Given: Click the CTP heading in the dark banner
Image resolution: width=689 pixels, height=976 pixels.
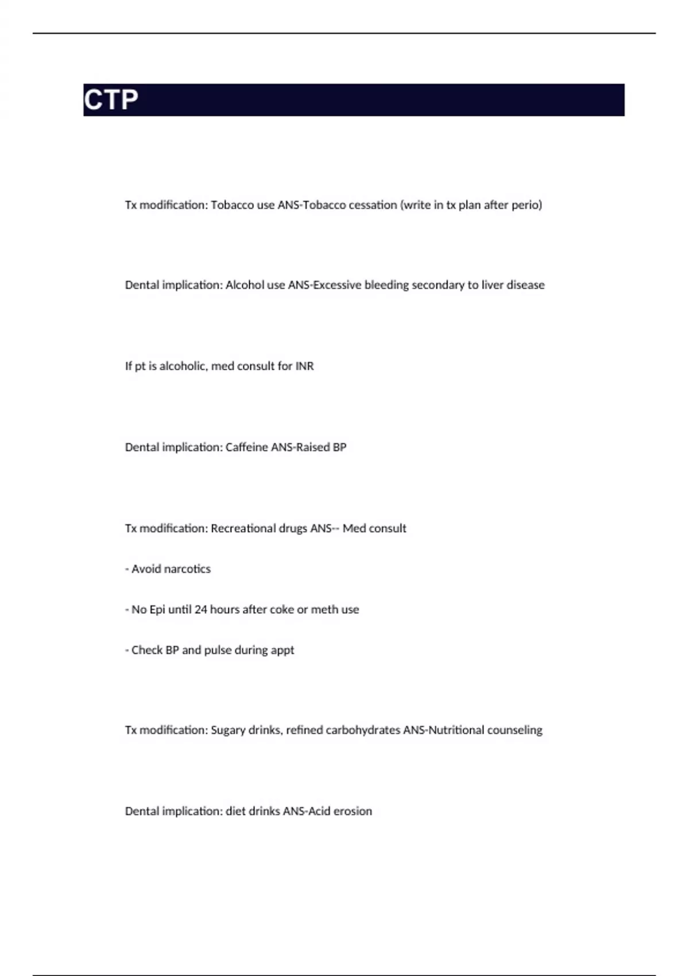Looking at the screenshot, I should click(x=111, y=100).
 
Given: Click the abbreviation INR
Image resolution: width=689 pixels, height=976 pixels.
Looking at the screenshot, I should click(x=304, y=366).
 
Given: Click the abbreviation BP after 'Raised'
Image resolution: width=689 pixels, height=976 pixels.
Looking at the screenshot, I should click(x=339, y=447).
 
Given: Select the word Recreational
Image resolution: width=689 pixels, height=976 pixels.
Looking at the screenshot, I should click(x=243, y=528).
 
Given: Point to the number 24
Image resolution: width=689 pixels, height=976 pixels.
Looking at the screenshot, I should click(x=200, y=610).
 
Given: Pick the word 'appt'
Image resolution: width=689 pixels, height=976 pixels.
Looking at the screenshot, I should click(x=282, y=650).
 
